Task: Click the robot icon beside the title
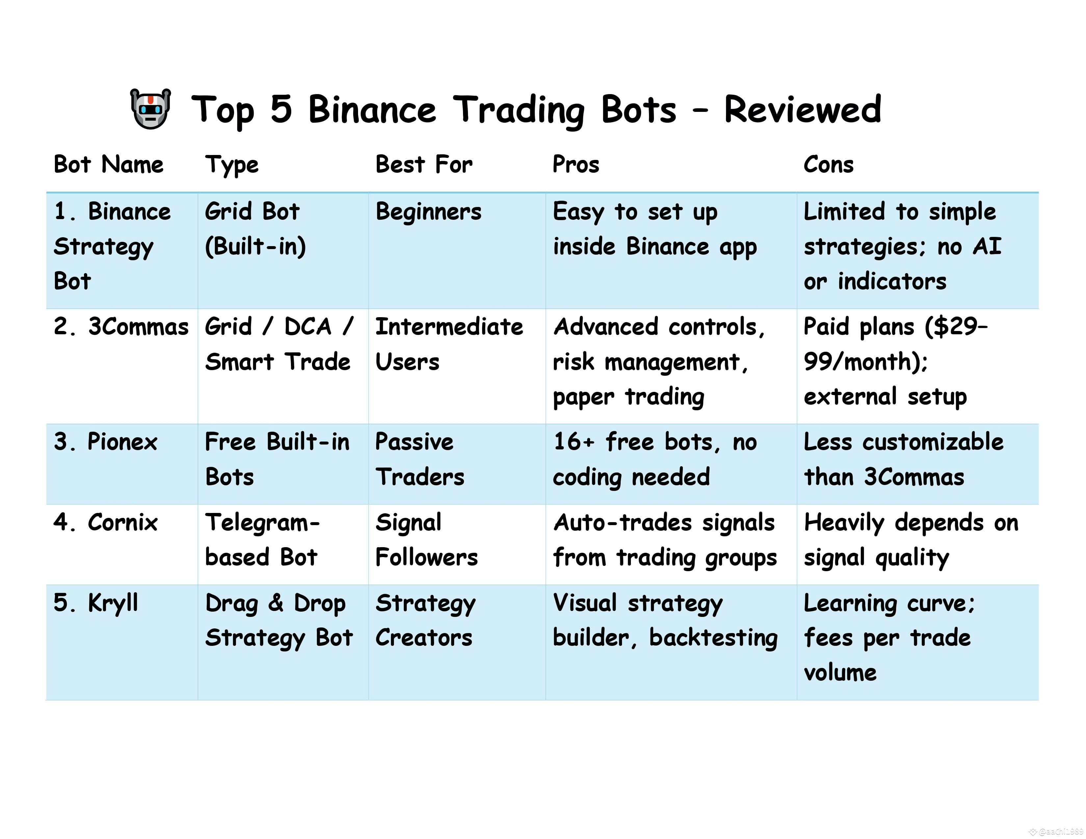pyautogui.click(x=150, y=109)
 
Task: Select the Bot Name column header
pyautogui.click(x=108, y=165)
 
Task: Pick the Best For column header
pyautogui.click(x=424, y=165)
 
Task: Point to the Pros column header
pyautogui.click(x=576, y=165)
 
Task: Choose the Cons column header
pyautogui.click(x=828, y=165)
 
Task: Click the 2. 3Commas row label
pyautogui.click(x=121, y=327)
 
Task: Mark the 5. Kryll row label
pyautogui.click(x=95, y=603)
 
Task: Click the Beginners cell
pyautogui.click(x=428, y=212)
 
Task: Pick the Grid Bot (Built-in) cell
pyautogui.click(x=255, y=229)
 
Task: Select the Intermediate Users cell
pyautogui.click(x=449, y=344)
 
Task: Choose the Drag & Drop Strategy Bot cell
pyautogui.click(x=278, y=620)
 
